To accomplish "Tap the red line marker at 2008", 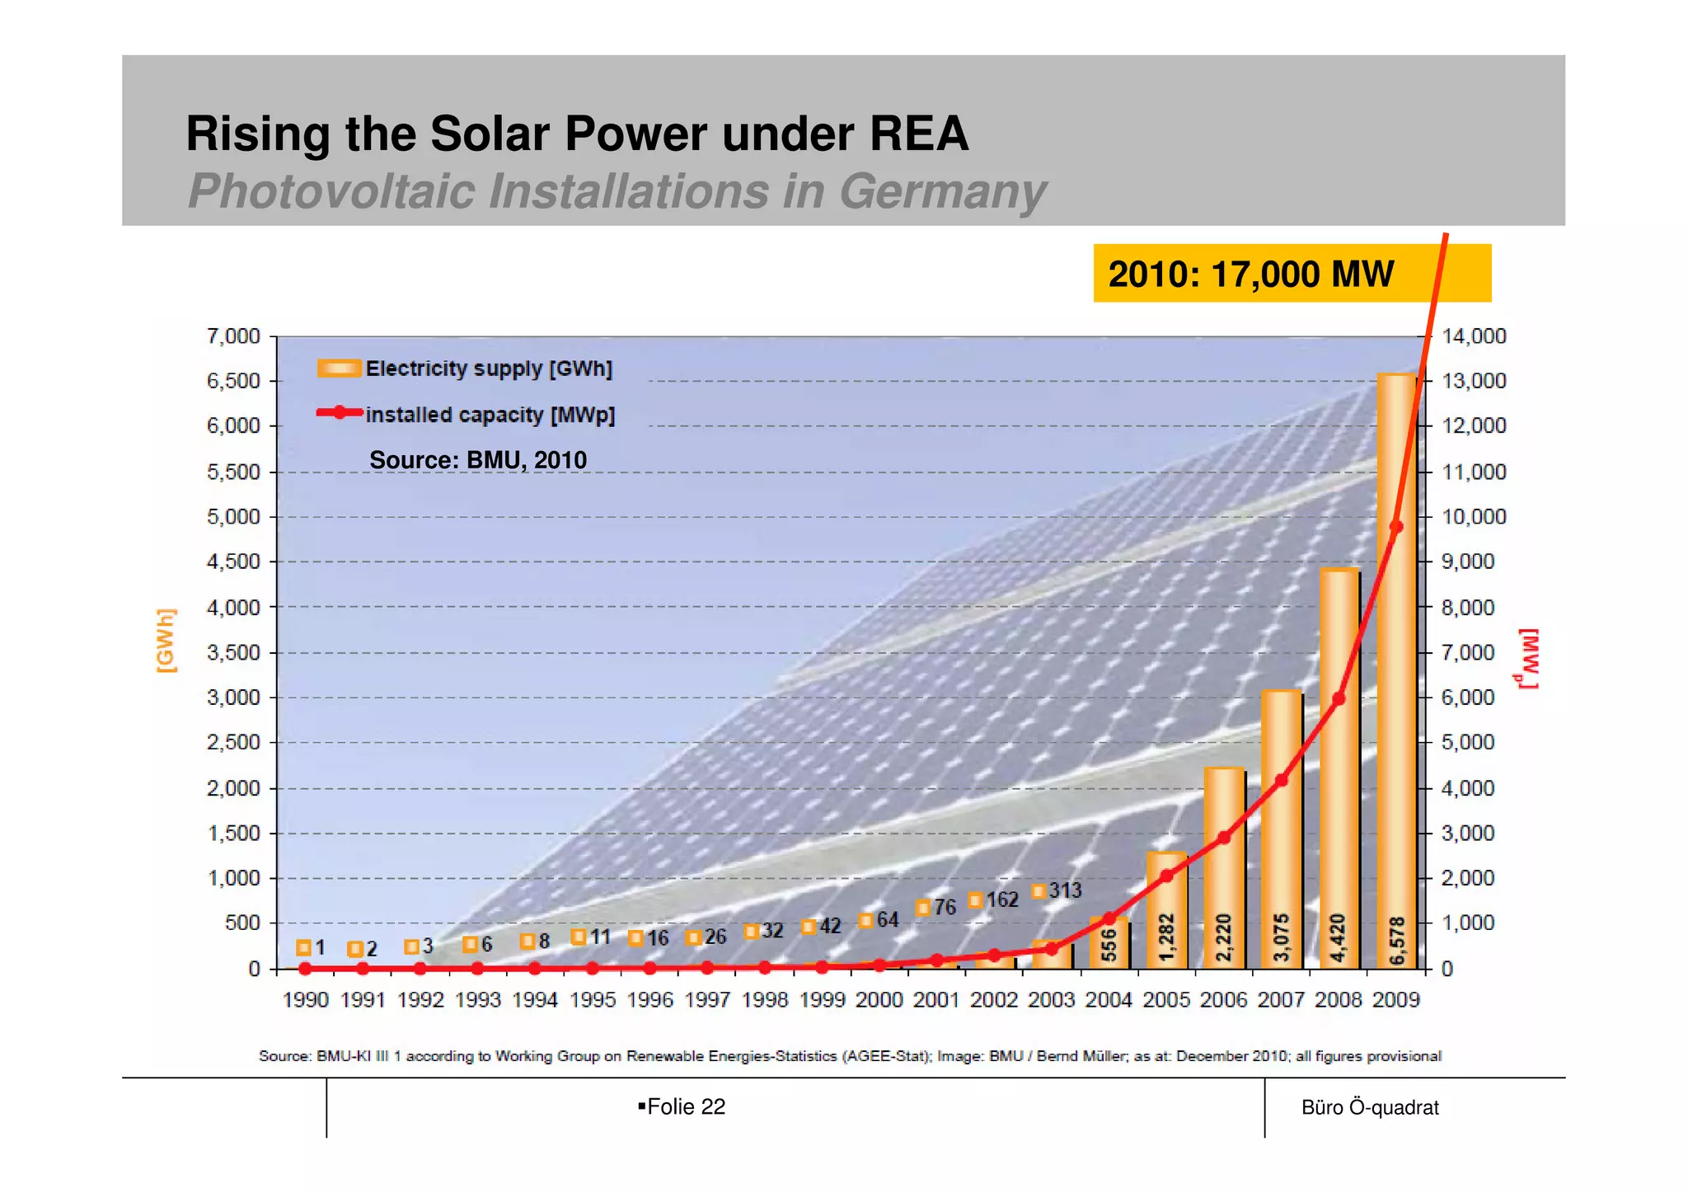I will pyautogui.click(x=1339, y=698).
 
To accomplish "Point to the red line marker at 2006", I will pyautogui.click(x=1224, y=838).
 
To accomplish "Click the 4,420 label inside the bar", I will pyautogui.click(x=1339, y=937).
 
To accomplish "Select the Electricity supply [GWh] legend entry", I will pyautogui.click(x=466, y=369).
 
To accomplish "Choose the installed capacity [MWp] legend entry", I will pyautogui.click(x=467, y=415).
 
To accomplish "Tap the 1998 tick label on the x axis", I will pyautogui.click(x=765, y=1000).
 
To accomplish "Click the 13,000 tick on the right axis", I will pyautogui.click(x=1474, y=381).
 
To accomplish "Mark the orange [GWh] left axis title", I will pyautogui.click(x=166, y=641).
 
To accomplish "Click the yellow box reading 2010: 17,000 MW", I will pyautogui.click(x=1291, y=274).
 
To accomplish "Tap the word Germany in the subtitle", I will pyautogui.click(x=942, y=191).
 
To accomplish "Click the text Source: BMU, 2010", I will pyautogui.click(x=478, y=460).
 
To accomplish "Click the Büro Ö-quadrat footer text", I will pyautogui.click(x=1370, y=1107).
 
